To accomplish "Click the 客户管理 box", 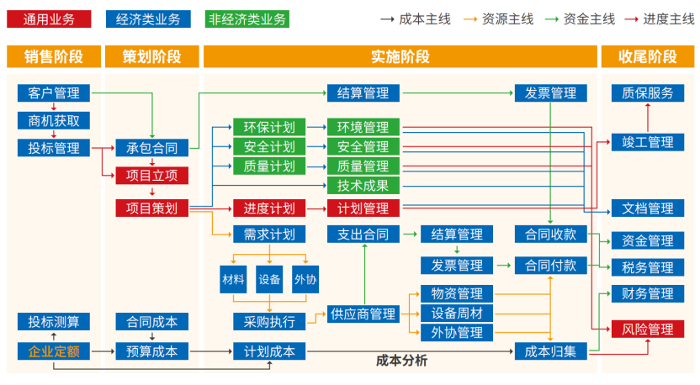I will [54, 92].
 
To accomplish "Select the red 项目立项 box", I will [151, 176].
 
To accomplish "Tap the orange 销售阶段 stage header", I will [54, 56].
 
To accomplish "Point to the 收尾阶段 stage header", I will [647, 56].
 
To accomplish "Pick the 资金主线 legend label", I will [589, 18].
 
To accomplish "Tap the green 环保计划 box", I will [268, 127].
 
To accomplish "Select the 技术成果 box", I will [363, 185].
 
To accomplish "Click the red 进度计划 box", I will [268, 208].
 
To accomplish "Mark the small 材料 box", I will [233, 279].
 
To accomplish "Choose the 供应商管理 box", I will [363, 314].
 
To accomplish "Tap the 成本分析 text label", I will [401, 361].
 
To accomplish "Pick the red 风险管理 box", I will [647, 329].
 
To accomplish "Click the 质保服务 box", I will [647, 92].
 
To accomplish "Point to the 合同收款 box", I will [550, 234].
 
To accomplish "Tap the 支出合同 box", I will [363, 234].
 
